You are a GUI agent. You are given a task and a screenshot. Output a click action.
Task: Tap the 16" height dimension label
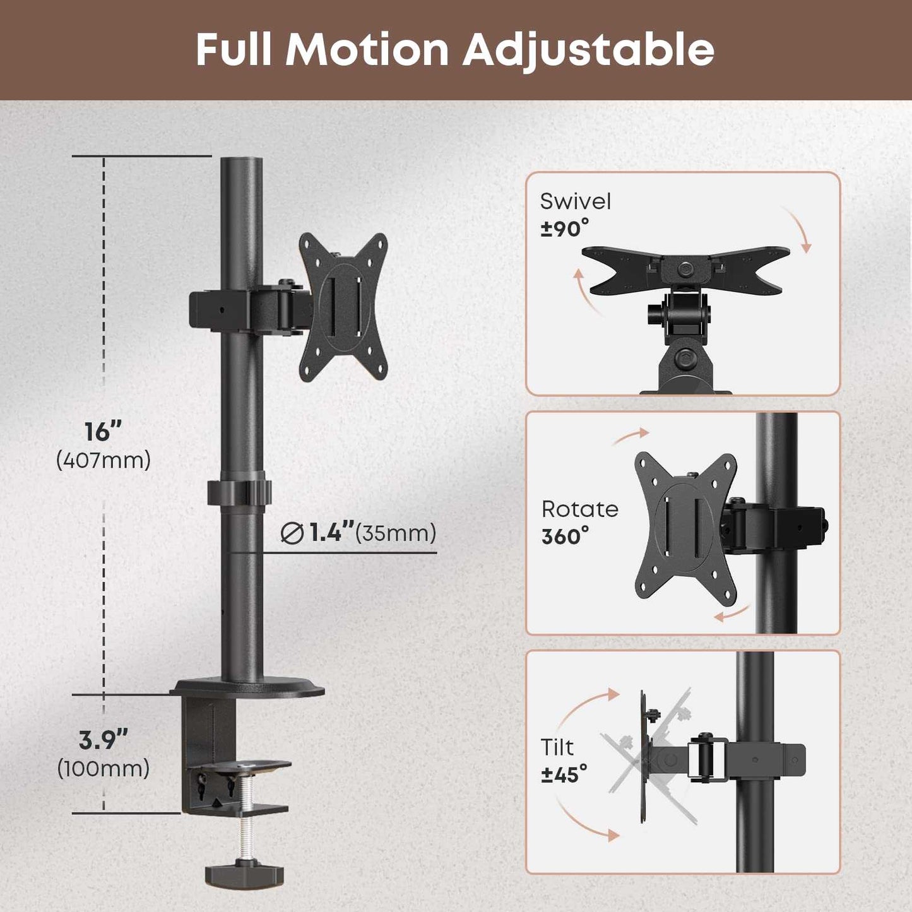(103, 432)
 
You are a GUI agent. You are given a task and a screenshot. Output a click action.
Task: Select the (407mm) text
(104, 460)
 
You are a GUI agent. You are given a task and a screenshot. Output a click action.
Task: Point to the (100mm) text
(104, 768)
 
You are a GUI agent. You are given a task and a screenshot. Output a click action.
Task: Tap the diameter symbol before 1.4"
(292, 534)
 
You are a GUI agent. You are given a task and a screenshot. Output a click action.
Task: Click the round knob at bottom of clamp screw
(244, 874)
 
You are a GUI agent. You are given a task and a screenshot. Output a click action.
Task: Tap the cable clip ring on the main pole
(240, 493)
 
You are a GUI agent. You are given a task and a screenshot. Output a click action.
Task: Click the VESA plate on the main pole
(344, 307)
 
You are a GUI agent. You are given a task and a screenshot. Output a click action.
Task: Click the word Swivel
(576, 201)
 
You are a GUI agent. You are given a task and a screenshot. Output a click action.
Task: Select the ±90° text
(564, 228)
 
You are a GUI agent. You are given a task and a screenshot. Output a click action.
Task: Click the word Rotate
(579, 509)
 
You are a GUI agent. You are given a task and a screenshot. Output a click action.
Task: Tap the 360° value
(565, 537)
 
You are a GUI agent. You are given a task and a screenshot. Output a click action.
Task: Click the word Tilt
(557, 747)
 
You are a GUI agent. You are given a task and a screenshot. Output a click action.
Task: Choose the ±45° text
(564, 774)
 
